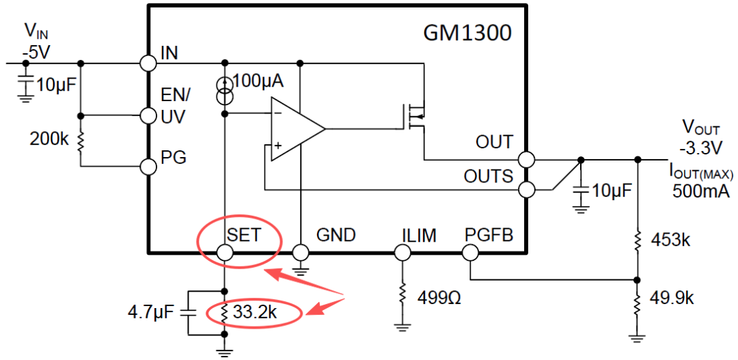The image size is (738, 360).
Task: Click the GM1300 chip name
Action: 467,33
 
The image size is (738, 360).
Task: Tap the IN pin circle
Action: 149,63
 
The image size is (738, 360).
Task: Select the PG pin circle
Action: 149,166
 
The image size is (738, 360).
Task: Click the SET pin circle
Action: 225,253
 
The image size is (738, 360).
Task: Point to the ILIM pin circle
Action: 402,253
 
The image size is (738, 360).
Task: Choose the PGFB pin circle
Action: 470,253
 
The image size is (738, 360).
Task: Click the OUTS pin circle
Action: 526,190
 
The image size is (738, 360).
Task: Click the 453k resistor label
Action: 670,240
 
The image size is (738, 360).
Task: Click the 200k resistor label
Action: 49,139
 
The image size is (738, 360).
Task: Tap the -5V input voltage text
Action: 36,53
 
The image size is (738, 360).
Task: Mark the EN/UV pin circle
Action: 149,115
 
